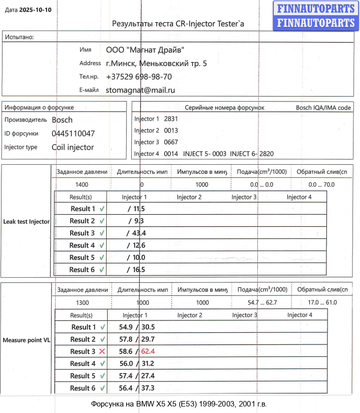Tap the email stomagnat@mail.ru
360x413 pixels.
point(140,90)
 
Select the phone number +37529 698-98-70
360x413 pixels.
point(139,77)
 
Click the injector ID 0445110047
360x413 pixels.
point(73,134)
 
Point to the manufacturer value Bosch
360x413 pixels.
point(62,120)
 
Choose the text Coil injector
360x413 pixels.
point(73,148)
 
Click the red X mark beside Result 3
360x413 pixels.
point(102,351)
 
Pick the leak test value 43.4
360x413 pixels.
point(137,233)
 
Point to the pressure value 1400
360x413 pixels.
point(82,185)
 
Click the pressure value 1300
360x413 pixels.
point(83,303)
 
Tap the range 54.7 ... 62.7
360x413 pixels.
point(262,303)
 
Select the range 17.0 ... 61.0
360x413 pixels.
point(322,303)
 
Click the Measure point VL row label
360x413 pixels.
point(27,340)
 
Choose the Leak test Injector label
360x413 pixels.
point(27,221)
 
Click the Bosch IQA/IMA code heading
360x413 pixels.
point(323,108)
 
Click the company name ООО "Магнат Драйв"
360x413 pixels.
point(145,50)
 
